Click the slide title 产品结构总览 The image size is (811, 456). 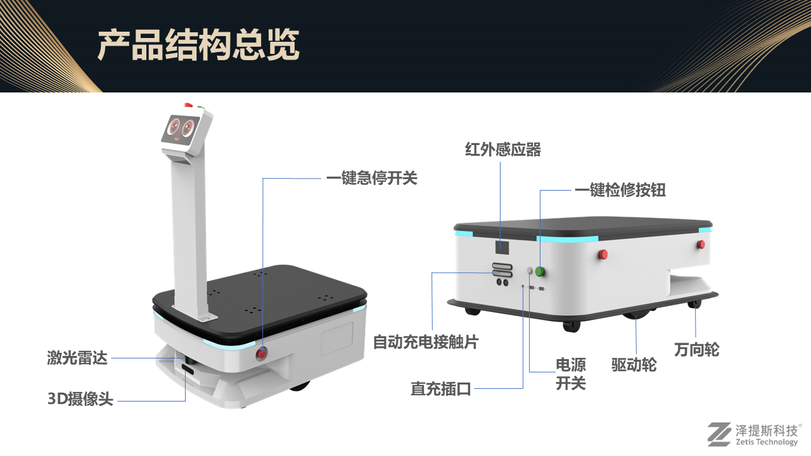click(x=198, y=45)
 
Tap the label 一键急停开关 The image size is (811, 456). click(x=372, y=178)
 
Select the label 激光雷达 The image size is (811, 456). click(x=77, y=358)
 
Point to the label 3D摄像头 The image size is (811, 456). click(x=80, y=399)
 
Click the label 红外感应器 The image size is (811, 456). click(x=503, y=149)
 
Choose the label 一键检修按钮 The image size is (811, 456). click(x=620, y=189)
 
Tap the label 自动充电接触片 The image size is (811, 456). click(x=426, y=342)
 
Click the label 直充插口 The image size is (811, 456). click(x=440, y=389)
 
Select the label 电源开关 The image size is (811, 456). click(x=571, y=374)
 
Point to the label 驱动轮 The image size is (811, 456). click(x=634, y=364)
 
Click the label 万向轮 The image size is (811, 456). click(x=696, y=350)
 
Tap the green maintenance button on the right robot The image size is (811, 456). click(x=540, y=271)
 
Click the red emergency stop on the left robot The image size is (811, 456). click(x=261, y=353)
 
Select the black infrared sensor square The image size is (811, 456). click(x=502, y=248)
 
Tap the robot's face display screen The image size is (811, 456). click(x=181, y=130)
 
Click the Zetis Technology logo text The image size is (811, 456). click(x=767, y=442)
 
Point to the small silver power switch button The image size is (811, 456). click(x=530, y=270)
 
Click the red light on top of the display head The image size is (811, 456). click(x=188, y=105)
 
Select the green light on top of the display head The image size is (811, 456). click(x=201, y=107)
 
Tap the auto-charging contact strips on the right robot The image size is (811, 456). click(x=502, y=270)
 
